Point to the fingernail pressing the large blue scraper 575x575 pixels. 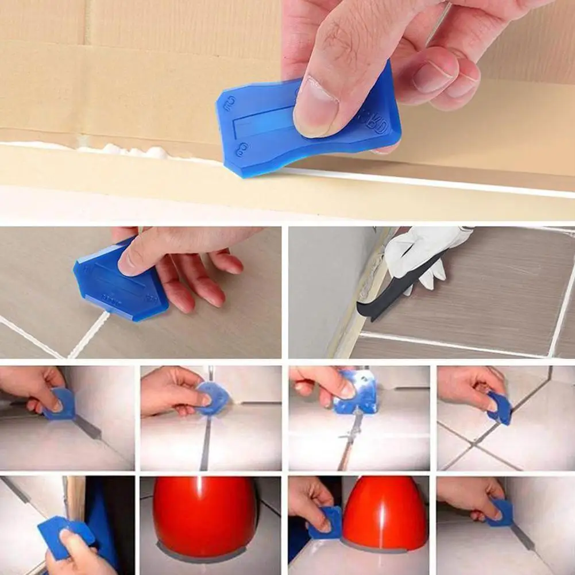(x=313, y=105)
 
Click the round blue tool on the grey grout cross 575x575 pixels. (x=214, y=398)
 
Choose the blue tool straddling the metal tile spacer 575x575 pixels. (x=356, y=393)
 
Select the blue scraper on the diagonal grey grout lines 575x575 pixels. (x=500, y=408)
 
